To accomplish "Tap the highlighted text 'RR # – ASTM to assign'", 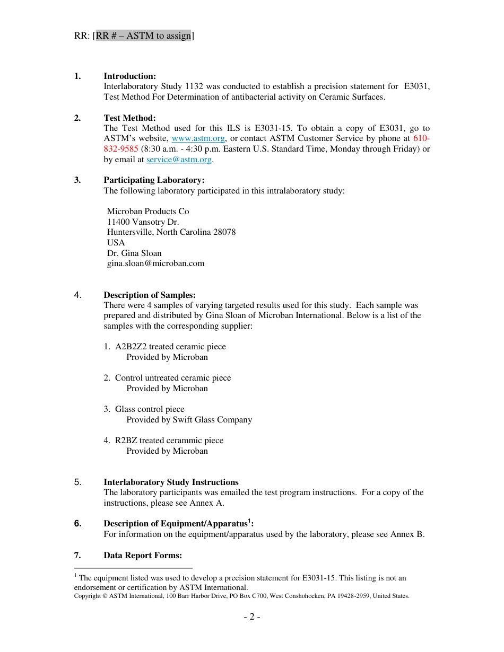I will click(143, 36).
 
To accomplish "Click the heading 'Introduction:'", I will click(129, 76).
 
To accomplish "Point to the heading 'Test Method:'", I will click(129, 118).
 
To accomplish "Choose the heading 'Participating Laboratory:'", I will click(154, 180).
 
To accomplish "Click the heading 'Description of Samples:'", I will click(150, 295).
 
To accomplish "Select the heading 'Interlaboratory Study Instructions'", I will click(171, 482).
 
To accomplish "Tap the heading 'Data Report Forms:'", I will click(143, 556).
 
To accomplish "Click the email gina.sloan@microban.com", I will click(155, 263).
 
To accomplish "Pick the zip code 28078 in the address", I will click(225, 232).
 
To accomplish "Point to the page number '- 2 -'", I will click(251, 617).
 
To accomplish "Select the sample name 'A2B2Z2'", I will click(131, 347).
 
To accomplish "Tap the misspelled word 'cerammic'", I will click(185, 440).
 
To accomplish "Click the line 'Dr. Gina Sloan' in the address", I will click(134, 253).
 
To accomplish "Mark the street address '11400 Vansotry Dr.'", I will click(143, 222).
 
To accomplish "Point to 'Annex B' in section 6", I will click(407, 534).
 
